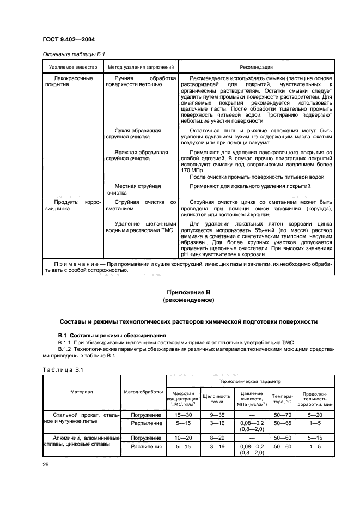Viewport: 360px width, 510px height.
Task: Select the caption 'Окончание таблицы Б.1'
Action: click(73, 54)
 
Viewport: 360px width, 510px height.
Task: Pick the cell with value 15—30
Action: click(184, 415)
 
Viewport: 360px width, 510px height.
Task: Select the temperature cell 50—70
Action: click(282, 415)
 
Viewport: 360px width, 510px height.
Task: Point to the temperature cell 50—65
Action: click(282, 423)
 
